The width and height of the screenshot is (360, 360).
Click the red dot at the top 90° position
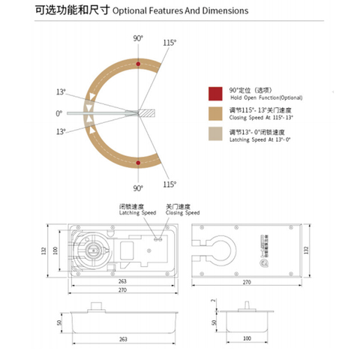pos(138,64)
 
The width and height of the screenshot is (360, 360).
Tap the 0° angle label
pos(59,113)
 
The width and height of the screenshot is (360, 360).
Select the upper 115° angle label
pos(170,43)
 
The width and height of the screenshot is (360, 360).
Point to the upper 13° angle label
pos(60,92)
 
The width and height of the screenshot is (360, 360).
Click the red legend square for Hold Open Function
pos(215,93)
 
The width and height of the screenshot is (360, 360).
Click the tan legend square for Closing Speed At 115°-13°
pos(215,115)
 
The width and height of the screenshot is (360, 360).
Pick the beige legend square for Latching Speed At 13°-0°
pos(215,136)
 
